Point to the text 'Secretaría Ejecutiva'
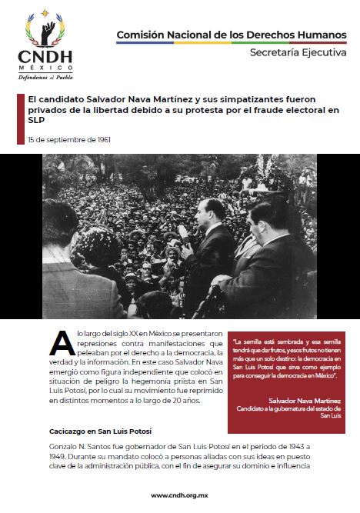pos(295,52)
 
